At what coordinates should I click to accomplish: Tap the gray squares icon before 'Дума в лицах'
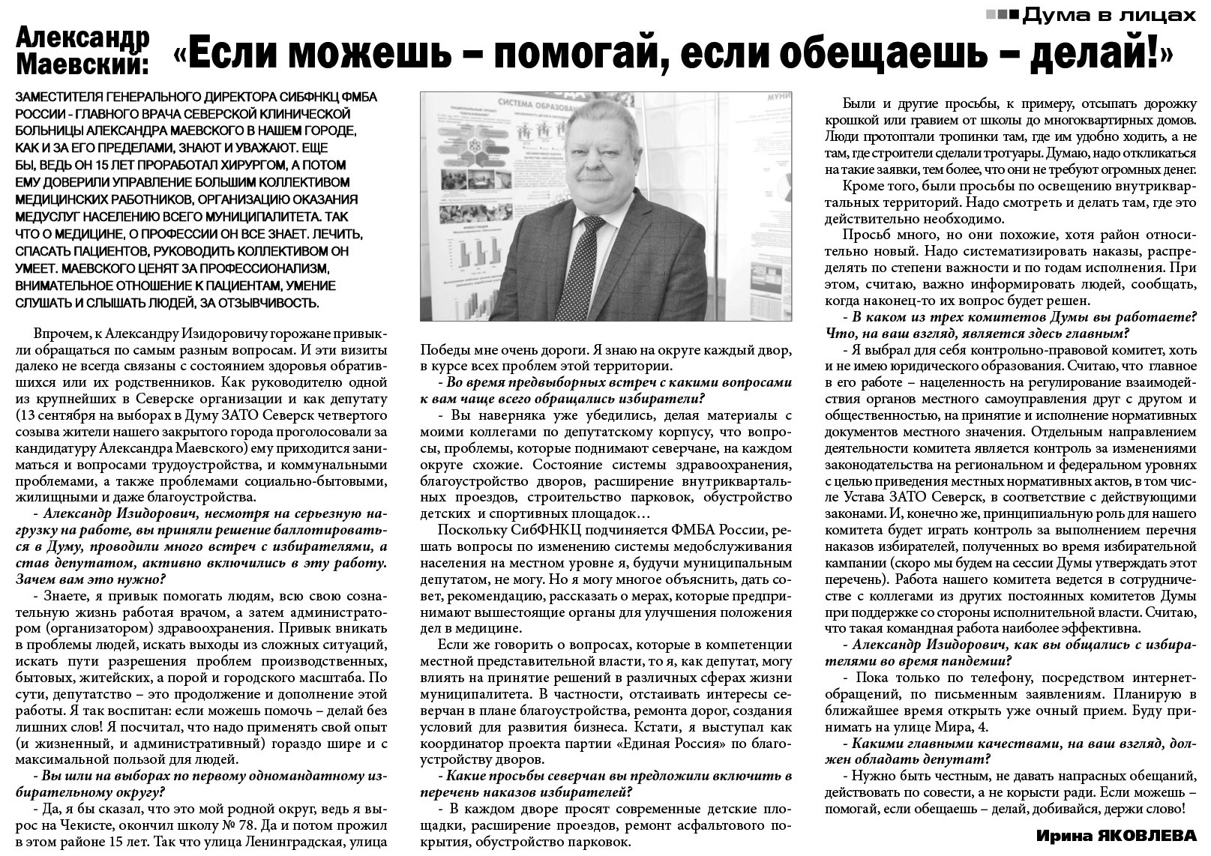click(x=1000, y=13)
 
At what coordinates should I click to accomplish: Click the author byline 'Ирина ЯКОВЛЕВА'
click(x=1117, y=835)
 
